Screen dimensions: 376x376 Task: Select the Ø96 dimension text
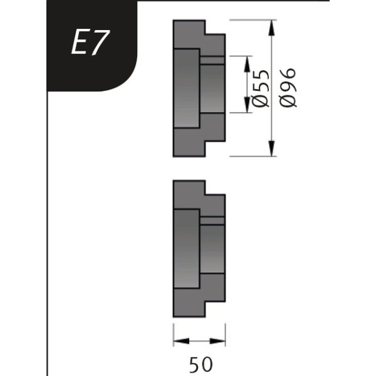[x=289, y=87]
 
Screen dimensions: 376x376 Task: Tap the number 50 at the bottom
[x=199, y=363]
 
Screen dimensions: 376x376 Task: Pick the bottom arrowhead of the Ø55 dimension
[x=246, y=107]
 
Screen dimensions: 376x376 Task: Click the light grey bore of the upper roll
[x=187, y=88]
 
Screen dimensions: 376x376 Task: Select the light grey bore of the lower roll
[x=187, y=249]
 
